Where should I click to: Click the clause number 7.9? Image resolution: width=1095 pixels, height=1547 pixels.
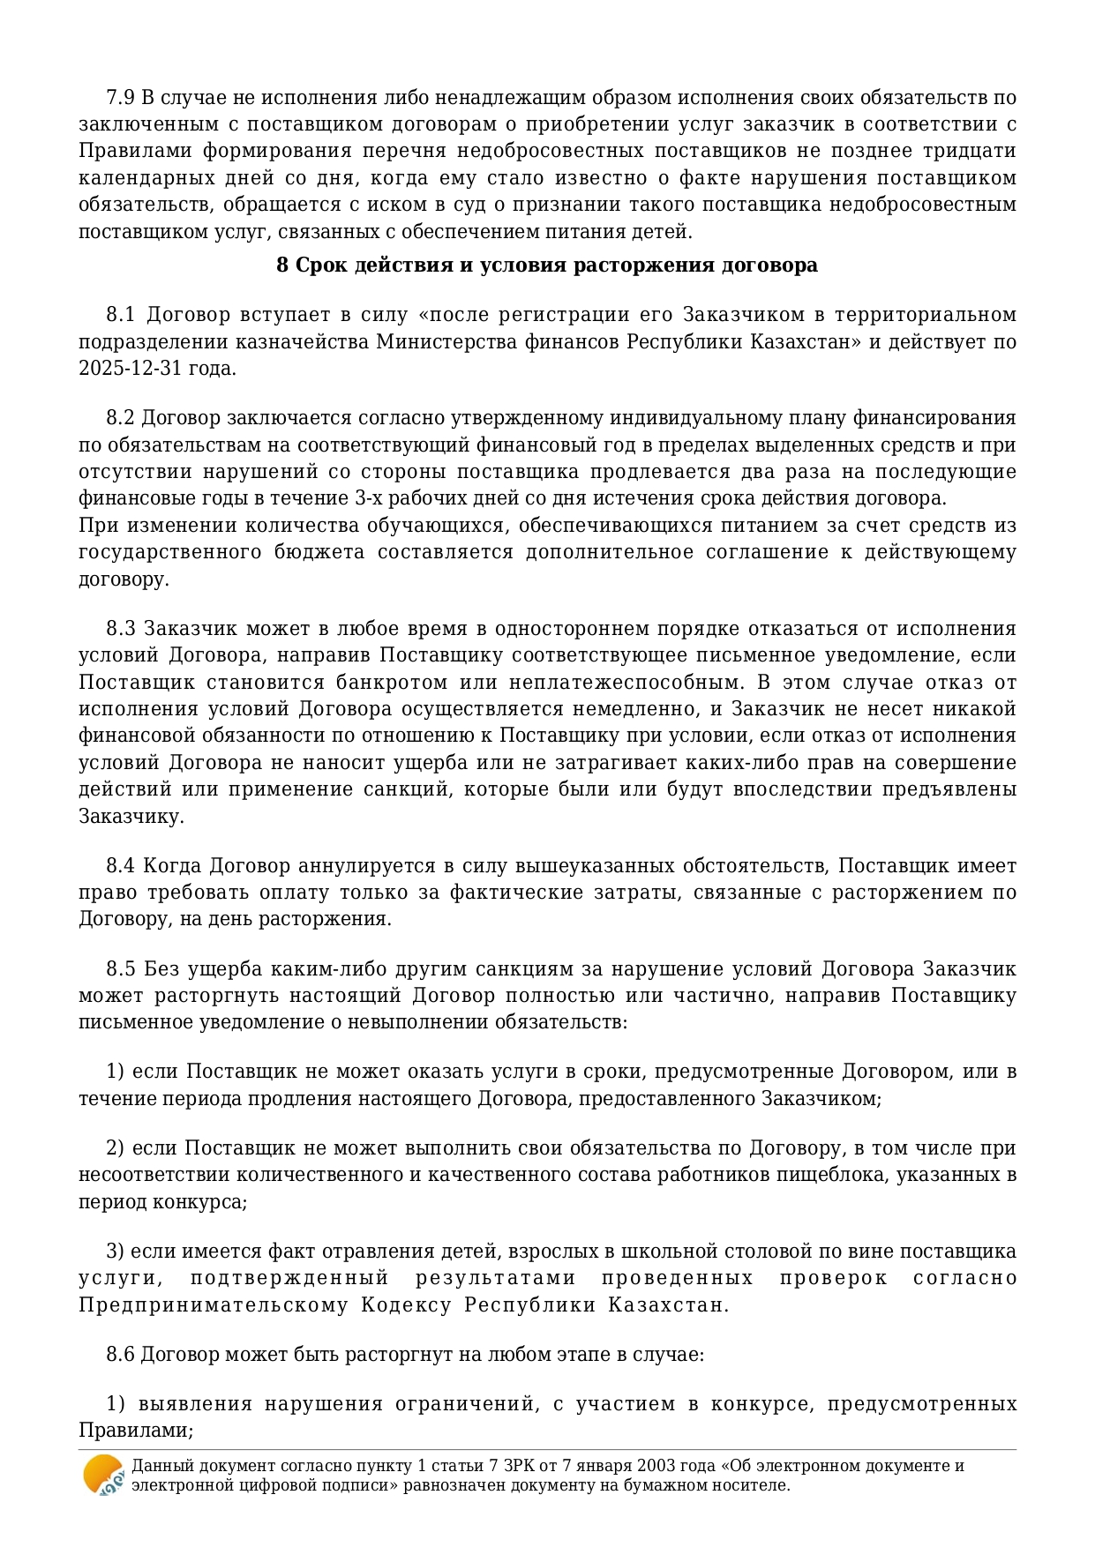click(121, 97)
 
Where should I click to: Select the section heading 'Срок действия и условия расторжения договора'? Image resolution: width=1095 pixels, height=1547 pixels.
click(547, 265)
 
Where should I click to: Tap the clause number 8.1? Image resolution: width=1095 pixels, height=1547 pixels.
click(121, 315)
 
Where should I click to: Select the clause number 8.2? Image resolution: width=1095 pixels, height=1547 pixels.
click(121, 417)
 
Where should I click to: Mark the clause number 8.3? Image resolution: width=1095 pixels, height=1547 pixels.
click(121, 629)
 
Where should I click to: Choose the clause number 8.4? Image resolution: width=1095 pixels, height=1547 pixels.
click(121, 866)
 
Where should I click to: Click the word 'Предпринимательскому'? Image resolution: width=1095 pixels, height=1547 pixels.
click(214, 1305)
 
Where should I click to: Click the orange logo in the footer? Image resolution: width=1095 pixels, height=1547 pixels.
click(103, 1475)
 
